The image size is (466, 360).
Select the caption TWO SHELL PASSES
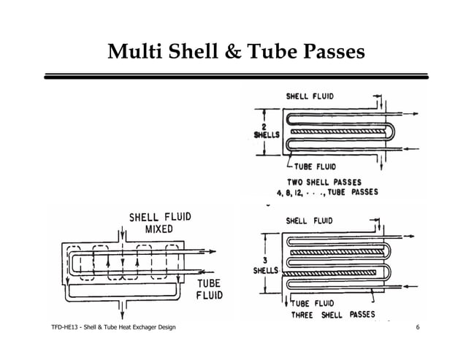coord(325,183)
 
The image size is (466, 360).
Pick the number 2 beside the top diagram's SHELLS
coord(261,126)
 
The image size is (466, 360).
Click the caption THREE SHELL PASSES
coord(333,315)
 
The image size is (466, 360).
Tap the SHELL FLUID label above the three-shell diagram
coord(310,221)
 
